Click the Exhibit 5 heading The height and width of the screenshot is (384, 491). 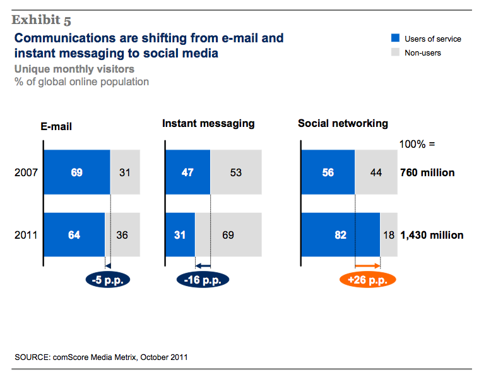(x=41, y=20)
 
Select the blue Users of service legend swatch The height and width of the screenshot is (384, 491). (x=394, y=39)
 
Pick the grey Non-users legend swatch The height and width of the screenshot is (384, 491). (x=394, y=52)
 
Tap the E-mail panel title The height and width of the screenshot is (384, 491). (x=56, y=126)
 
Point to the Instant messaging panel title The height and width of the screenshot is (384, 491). (x=208, y=124)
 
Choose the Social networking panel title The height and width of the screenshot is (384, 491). (x=343, y=124)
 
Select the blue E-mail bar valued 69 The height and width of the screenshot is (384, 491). (x=76, y=172)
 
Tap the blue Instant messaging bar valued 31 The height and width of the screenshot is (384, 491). (x=180, y=235)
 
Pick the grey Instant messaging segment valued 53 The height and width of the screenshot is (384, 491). (x=236, y=172)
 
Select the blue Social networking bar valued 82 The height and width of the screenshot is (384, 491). (x=341, y=235)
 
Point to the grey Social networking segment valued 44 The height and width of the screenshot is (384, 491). (x=376, y=172)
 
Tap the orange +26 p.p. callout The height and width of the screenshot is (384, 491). (x=367, y=279)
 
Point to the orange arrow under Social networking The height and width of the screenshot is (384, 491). (x=367, y=266)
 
